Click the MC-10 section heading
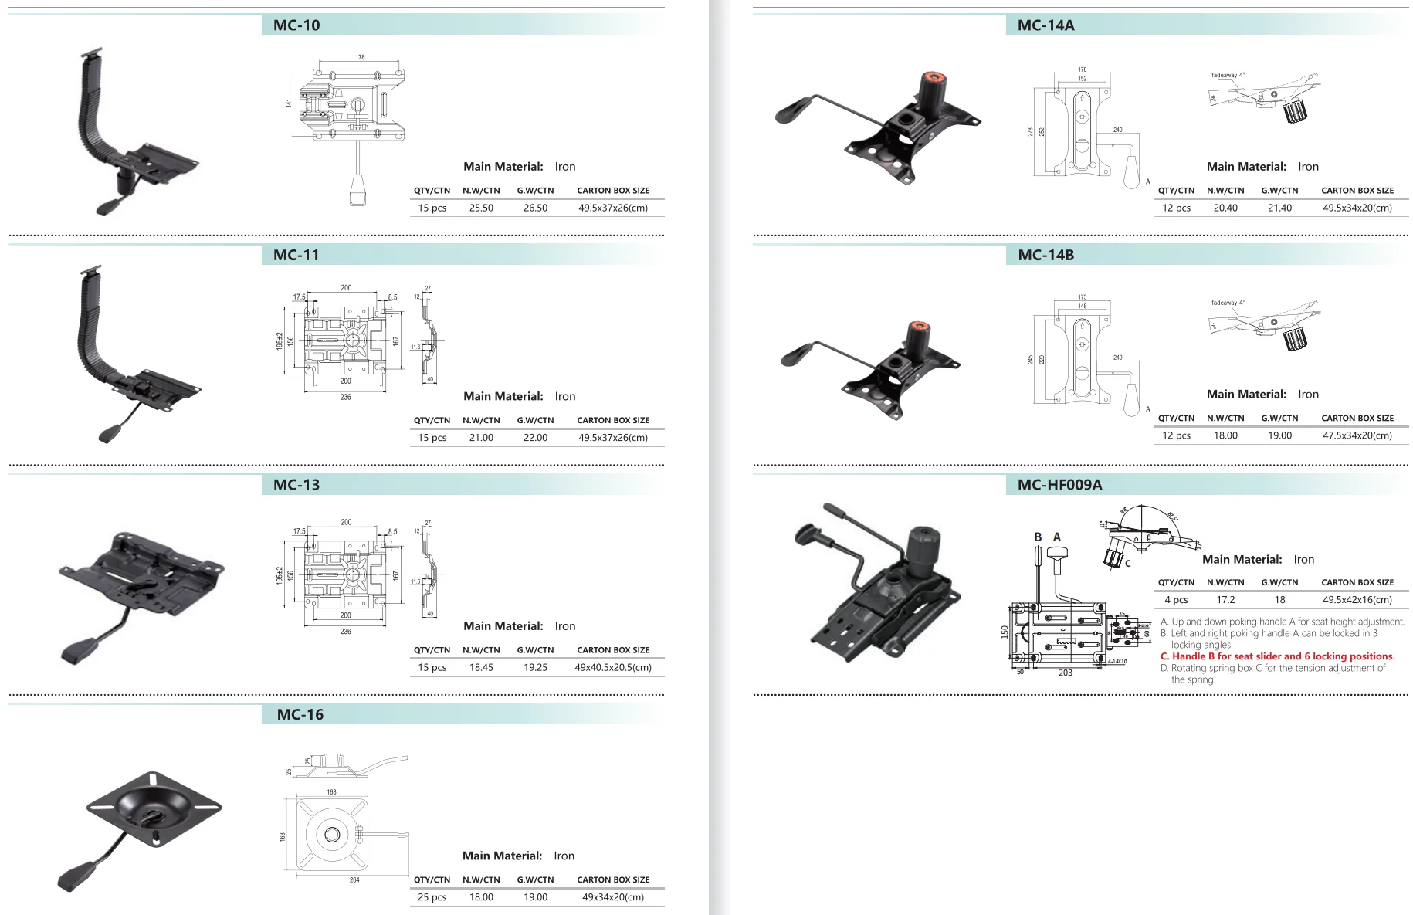(x=296, y=25)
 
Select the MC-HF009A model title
(x=1059, y=485)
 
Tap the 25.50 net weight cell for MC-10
(x=481, y=208)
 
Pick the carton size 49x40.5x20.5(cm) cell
(x=613, y=667)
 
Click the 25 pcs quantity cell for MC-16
(x=432, y=897)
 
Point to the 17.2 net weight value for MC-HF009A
(x=1225, y=600)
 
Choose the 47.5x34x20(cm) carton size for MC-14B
(x=1357, y=435)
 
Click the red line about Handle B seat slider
(x=1277, y=656)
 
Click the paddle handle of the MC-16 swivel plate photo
(x=76, y=877)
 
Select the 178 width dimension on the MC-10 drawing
(x=360, y=57)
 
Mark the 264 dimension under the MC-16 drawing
(x=354, y=880)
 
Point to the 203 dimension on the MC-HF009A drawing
(x=1065, y=673)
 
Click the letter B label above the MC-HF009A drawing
(x=1038, y=537)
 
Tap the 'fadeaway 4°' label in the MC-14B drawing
(x=1228, y=303)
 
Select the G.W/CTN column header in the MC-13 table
(x=535, y=650)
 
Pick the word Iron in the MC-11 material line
(x=565, y=396)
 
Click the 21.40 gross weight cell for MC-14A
(x=1279, y=208)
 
